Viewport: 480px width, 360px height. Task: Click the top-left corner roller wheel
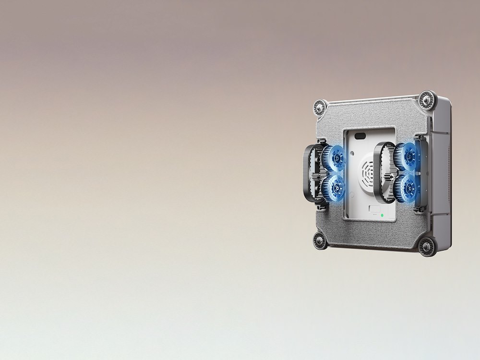pyautogui.click(x=320, y=108)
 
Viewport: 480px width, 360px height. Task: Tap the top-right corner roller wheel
pyautogui.click(x=427, y=100)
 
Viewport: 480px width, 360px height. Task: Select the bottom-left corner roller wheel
pyautogui.click(x=320, y=240)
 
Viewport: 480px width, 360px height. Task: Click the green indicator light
pyautogui.click(x=382, y=216)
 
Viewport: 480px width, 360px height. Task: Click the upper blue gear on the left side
pyautogui.click(x=334, y=158)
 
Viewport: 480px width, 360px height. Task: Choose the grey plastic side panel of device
pyautogui.click(x=441, y=173)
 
